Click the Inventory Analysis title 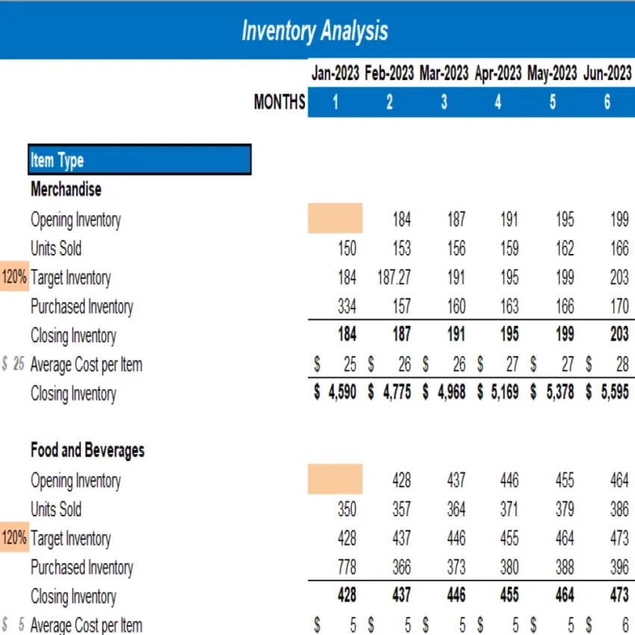(x=315, y=31)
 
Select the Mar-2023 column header (x=444, y=73)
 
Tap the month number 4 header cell (x=498, y=102)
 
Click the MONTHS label (x=279, y=102)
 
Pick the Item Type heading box (x=140, y=160)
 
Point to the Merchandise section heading (x=66, y=190)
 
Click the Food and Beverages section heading (x=87, y=450)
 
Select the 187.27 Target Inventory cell (x=394, y=278)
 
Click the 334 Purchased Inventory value (x=347, y=307)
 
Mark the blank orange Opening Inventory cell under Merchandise (x=335, y=219)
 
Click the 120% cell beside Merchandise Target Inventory (x=14, y=278)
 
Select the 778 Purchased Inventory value (x=347, y=568)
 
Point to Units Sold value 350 (x=347, y=509)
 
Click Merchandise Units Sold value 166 (x=619, y=248)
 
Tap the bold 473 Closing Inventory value (x=619, y=596)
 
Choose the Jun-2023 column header (x=607, y=73)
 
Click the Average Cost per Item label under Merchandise (x=86, y=365)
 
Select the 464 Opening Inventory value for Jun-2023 (x=619, y=480)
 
